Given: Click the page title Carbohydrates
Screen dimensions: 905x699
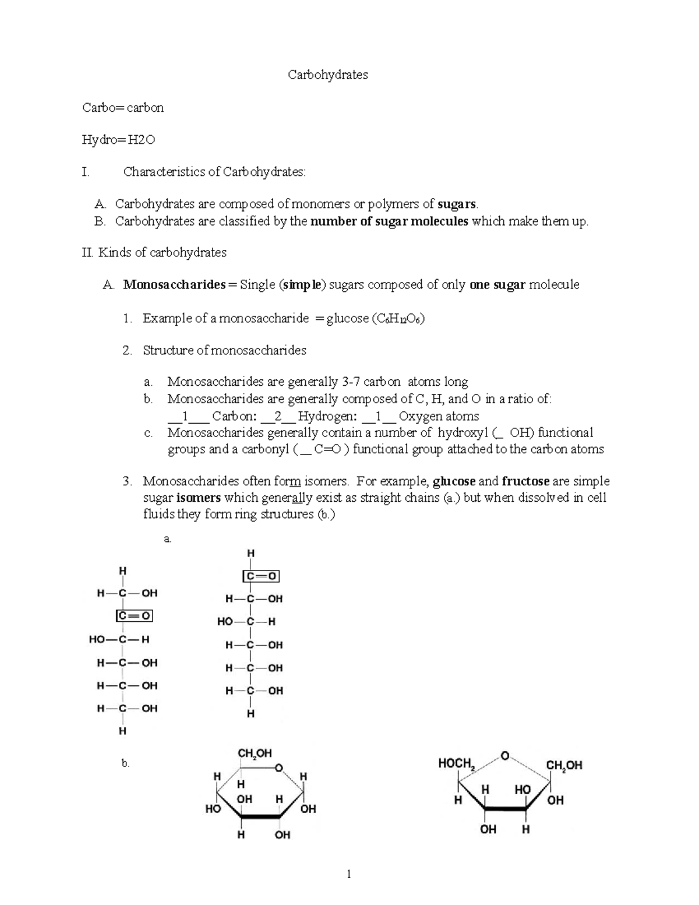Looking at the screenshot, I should tap(328, 75).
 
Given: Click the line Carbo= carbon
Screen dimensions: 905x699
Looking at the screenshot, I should tap(123, 108).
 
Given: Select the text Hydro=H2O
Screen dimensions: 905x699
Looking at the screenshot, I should tap(118, 140).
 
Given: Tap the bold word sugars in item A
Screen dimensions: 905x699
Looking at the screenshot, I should tap(457, 204).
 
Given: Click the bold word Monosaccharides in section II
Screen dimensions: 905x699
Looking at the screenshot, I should tap(174, 285).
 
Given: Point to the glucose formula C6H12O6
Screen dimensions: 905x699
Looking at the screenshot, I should tap(398, 319).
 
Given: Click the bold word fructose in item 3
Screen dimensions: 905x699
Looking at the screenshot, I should tap(525, 481).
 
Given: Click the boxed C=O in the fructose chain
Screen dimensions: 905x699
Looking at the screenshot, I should tap(134, 616).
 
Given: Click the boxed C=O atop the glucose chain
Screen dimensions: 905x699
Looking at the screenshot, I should tap(261, 576).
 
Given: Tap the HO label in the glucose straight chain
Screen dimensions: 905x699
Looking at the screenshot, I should tap(225, 622).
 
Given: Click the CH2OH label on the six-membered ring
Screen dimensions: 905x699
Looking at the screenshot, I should tap(255, 753).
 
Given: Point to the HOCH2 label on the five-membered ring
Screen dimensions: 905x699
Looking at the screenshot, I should tap(457, 763).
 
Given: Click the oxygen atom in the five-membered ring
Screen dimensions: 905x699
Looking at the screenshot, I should tap(504, 756).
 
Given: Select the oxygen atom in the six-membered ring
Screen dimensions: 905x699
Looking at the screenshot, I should tap(280, 767).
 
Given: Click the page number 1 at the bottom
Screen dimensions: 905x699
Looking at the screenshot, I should tap(348, 874).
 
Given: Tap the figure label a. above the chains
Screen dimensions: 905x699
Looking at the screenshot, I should tap(168, 539).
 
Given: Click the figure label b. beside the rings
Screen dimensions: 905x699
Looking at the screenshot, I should tap(125, 763).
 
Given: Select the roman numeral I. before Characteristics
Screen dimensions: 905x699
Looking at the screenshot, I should tap(86, 172).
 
